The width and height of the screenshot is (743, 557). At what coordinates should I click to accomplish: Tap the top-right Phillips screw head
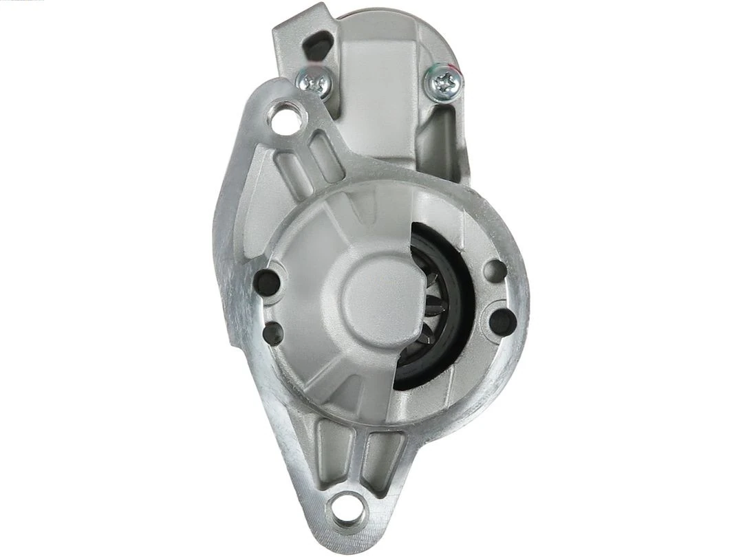tap(444, 81)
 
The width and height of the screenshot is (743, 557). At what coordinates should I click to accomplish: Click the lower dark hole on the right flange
tap(504, 318)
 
